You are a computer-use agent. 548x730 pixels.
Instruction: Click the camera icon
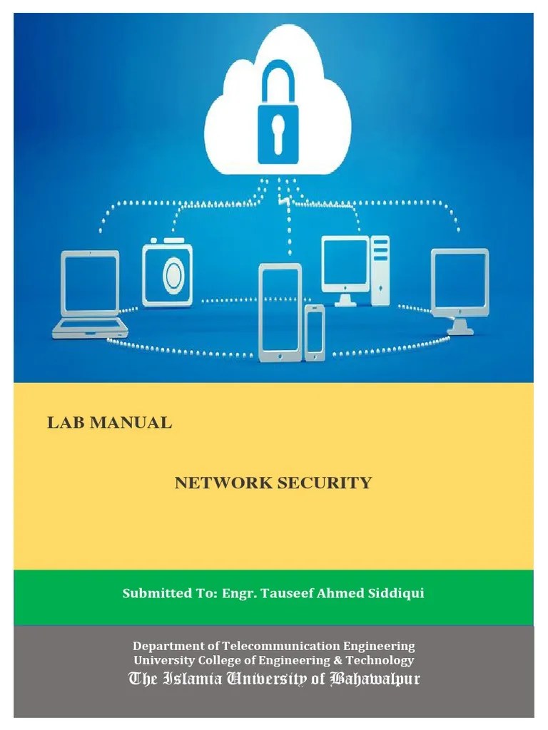pyautogui.click(x=167, y=274)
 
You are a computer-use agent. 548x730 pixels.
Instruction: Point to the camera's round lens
pyautogui.click(x=173, y=276)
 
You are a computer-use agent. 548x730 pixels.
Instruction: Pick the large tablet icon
pyautogui.click(x=280, y=312)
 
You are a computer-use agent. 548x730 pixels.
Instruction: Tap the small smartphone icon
pyautogui.click(x=314, y=332)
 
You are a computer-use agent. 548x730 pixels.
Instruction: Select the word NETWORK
pyautogui.click(x=223, y=483)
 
